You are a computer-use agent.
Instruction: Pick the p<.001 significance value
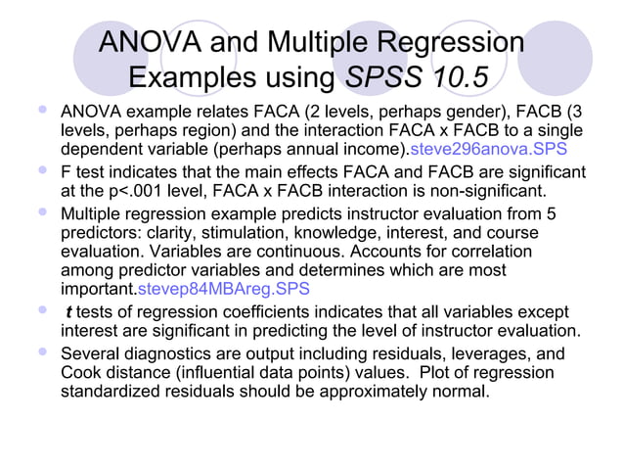coord(113,189)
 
